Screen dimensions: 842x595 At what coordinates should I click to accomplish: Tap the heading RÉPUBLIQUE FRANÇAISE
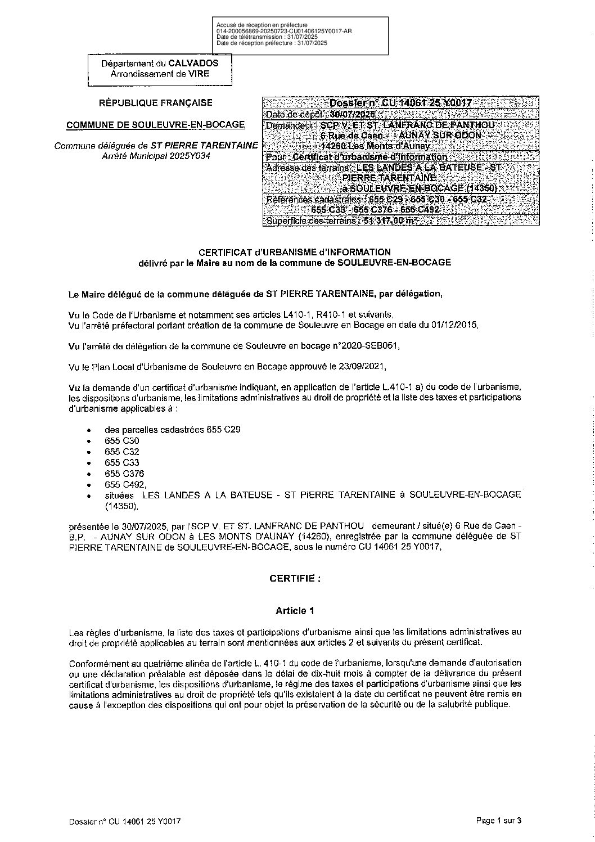tap(156, 102)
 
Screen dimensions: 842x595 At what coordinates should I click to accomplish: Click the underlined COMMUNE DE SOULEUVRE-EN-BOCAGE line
tap(156, 124)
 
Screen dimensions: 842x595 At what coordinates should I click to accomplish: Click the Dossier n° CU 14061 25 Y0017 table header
tap(400, 103)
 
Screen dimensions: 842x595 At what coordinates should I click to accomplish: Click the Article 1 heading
tap(295, 610)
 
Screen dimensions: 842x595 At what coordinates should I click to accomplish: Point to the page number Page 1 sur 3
tap(499, 821)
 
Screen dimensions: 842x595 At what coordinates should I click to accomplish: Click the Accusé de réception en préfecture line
tap(262, 25)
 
